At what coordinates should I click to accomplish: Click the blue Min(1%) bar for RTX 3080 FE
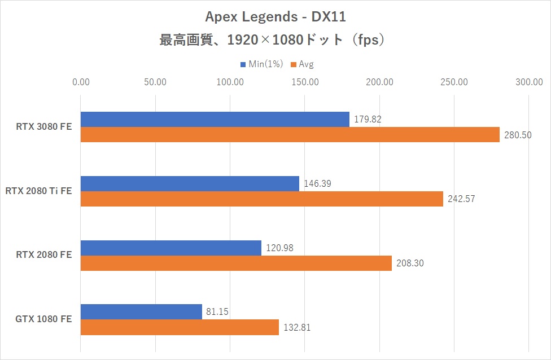215,119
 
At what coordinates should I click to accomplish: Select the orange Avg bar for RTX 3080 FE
290,135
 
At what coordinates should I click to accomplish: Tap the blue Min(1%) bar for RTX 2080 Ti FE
190,183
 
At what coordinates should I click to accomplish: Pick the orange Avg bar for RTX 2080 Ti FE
262,199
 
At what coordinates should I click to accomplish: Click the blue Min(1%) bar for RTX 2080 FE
171,248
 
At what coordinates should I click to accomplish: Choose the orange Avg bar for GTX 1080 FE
180,327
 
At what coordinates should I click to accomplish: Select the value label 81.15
217,312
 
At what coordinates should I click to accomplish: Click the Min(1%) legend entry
261,64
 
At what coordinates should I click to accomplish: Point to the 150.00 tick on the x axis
305,82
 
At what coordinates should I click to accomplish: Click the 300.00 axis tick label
528,82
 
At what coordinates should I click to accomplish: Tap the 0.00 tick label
81,82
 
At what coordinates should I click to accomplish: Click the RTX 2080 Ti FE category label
38,191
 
